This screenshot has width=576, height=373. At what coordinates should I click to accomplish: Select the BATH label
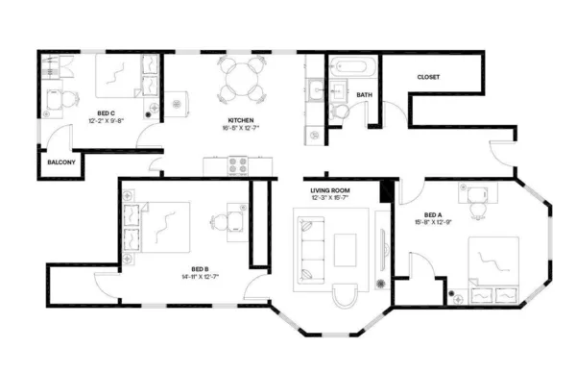click(x=364, y=95)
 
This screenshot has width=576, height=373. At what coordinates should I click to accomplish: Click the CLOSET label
click(x=428, y=77)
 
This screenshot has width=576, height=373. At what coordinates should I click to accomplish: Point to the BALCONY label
click(x=60, y=162)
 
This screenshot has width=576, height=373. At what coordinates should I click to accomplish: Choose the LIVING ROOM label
click(x=329, y=190)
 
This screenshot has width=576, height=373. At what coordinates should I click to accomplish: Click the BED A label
click(x=434, y=214)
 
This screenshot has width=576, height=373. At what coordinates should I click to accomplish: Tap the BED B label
click(x=200, y=268)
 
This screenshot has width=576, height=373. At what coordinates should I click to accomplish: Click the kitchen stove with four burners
click(x=237, y=166)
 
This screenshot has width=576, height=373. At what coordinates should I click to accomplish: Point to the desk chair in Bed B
click(x=221, y=224)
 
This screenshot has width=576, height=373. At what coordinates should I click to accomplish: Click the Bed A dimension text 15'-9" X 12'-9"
click(x=434, y=223)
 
